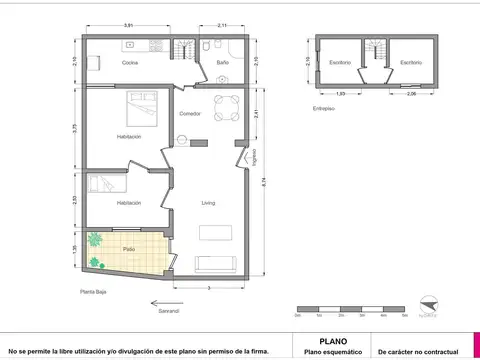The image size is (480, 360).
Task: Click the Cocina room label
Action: pyautogui.click(x=130, y=63)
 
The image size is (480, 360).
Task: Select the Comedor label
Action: pyautogui.click(x=190, y=113)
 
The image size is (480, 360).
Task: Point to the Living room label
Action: pyautogui.click(x=208, y=203)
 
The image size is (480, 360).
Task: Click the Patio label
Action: pyautogui.click(x=129, y=248)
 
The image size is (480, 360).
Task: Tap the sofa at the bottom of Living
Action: pyautogui.click(x=217, y=264)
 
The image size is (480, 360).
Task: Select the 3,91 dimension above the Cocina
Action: pyautogui.click(x=128, y=25)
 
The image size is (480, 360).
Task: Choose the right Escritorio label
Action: pyautogui.click(x=410, y=62)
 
